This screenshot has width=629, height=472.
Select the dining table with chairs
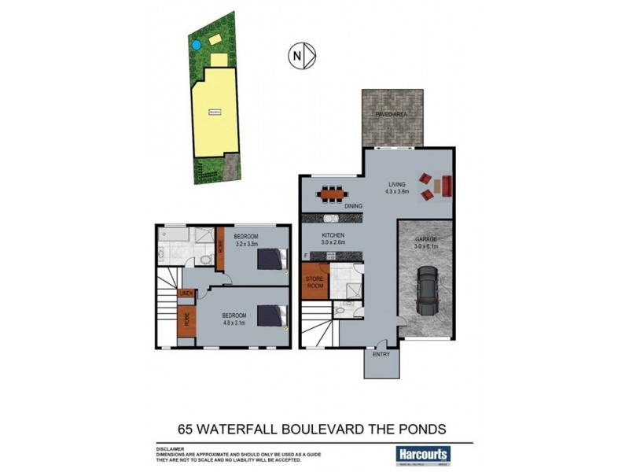click(330, 192)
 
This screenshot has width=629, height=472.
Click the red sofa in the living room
click(446, 186)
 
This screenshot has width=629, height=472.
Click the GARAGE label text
click(425, 239)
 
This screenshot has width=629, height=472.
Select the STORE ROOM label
click(314, 281)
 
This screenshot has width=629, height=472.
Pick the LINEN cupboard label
click(186, 295)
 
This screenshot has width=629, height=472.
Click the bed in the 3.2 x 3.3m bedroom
click(272, 259)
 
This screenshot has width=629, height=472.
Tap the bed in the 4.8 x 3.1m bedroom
click(272, 315)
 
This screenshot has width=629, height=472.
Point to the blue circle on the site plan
click(195, 45)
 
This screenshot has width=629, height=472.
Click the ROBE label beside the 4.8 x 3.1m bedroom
click(186, 320)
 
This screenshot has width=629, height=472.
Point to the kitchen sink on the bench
click(331, 218)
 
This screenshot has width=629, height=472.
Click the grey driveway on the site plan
click(231, 165)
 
